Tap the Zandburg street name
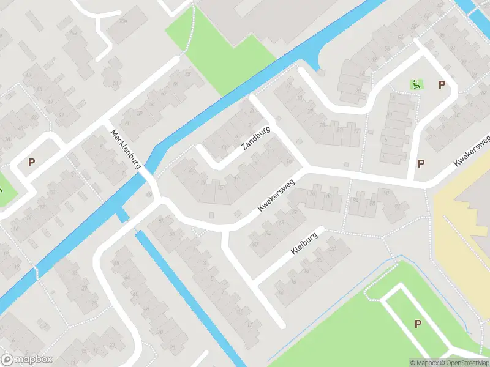[256, 138]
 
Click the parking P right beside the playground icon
[442, 85]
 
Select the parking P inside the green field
[418, 324]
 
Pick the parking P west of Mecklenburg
[31, 163]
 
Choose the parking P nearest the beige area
[421, 163]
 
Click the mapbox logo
[26, 359]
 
